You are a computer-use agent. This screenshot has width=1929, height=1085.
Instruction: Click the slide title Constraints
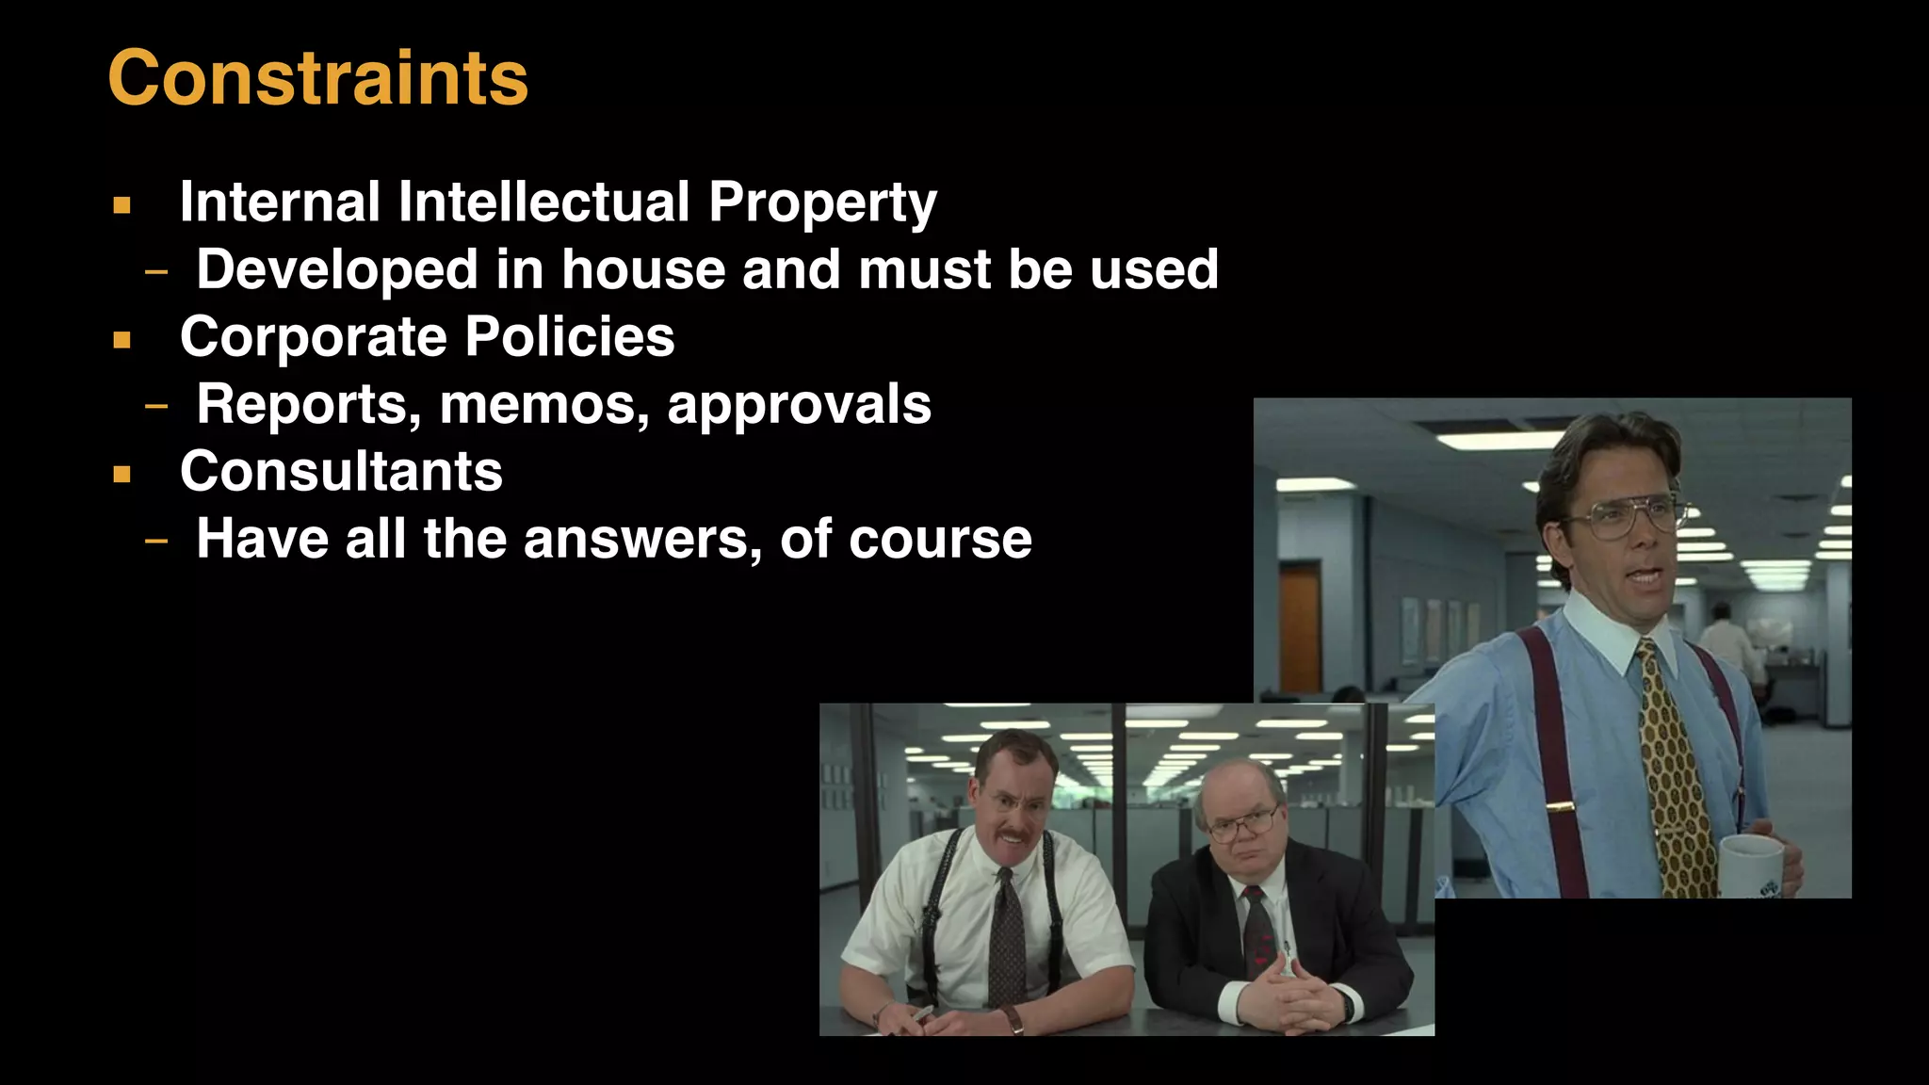(318, 77)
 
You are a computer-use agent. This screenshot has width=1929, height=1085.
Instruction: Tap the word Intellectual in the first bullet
(544, 202)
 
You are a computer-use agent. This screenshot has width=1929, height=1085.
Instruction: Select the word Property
(822, 203)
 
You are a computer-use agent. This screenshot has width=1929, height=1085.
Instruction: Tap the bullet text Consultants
(341, 472)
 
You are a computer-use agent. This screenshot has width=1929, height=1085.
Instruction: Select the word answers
(641, 540)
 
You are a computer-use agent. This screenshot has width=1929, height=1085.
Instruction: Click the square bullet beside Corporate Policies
(122, 339)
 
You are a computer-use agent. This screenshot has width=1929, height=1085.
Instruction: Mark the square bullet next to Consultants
(122, 474)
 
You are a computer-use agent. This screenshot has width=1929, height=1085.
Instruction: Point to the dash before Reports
(156, 407)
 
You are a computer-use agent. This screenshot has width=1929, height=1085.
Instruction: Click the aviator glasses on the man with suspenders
(1629, 517)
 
